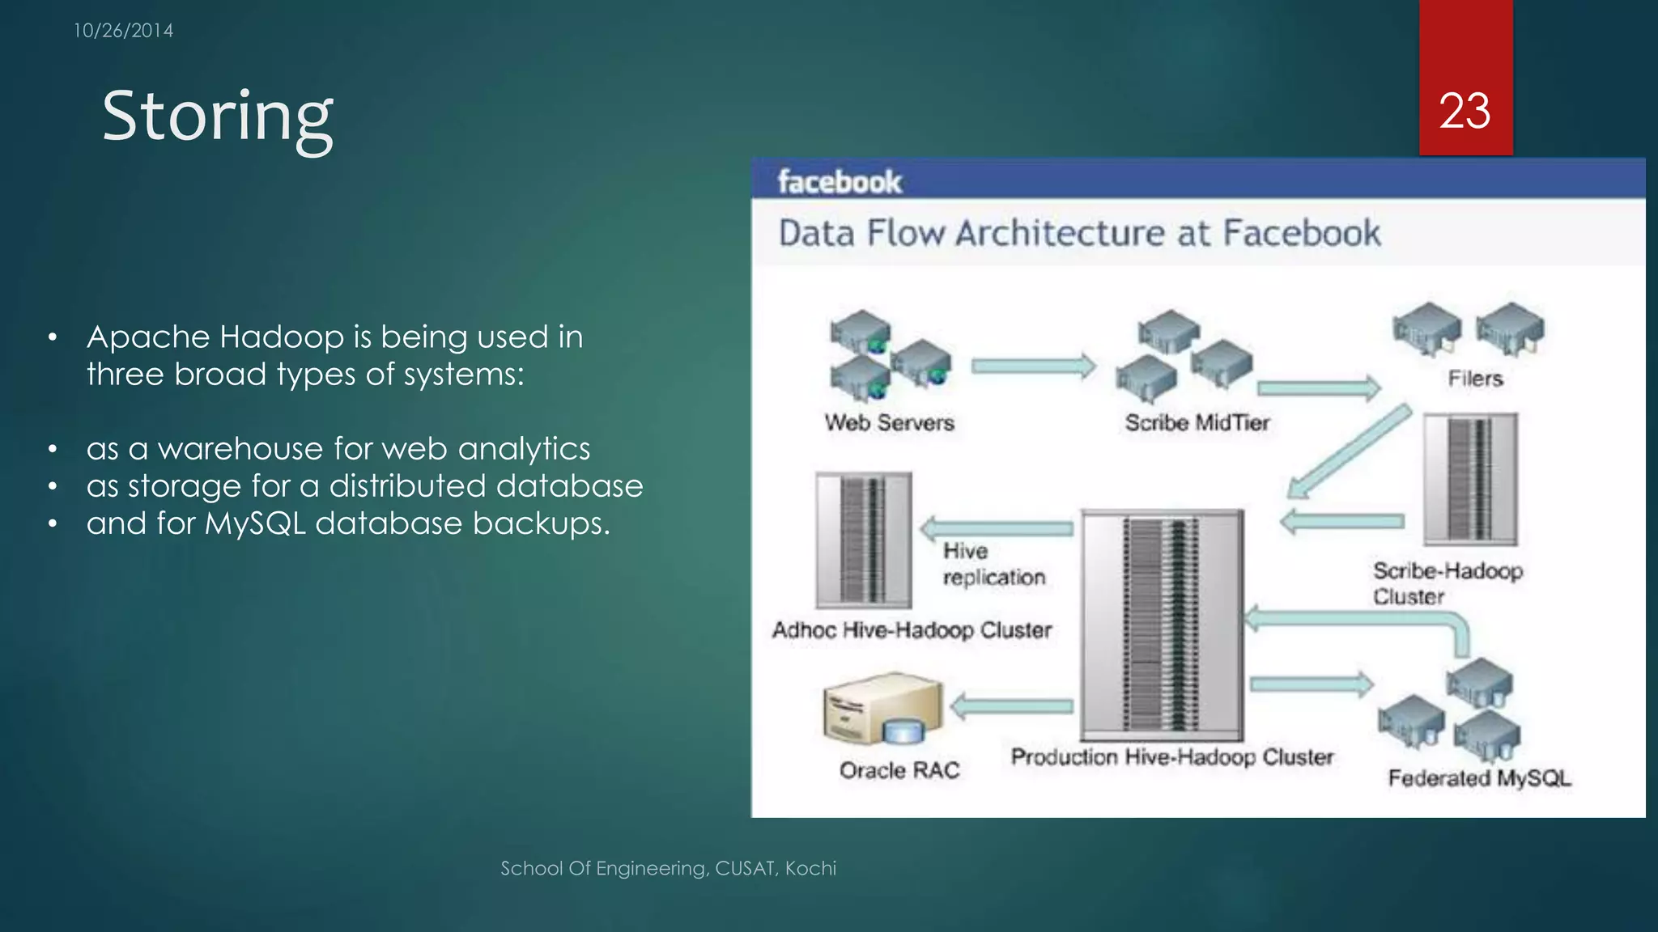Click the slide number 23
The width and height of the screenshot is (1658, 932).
pos(1465,111)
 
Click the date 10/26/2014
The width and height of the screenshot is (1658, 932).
pos(123,31)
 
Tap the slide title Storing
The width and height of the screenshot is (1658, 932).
pos(217,116)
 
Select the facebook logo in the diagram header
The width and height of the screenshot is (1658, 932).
pos(840,181)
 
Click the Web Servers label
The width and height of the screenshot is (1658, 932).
pos(889,422)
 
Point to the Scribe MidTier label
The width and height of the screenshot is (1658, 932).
pos(1197,422)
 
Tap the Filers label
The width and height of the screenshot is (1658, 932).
pos(1475,378)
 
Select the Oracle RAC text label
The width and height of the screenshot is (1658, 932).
pos(899,769)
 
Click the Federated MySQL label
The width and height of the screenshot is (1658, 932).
pos(1479,777)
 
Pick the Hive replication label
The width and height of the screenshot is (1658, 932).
pos(993,564)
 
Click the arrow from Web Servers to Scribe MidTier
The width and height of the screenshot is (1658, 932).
pos(1033,366)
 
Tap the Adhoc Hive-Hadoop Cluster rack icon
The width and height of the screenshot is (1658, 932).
pos(864,540)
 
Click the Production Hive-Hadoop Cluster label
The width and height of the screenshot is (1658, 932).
pos(1171,757)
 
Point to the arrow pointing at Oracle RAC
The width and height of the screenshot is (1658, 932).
pos(1012,706)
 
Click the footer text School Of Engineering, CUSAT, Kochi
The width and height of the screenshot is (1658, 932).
pos(668,868)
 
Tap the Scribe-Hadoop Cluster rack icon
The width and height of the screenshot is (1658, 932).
pos(1470,478)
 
